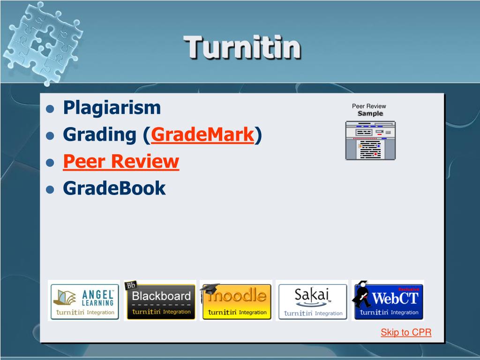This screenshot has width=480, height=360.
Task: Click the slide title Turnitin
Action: pyautogui.click(x=242, y=48)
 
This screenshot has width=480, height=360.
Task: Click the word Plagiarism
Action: pyautogui.click(x=112, y=108)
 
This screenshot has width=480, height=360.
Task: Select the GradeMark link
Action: pyautogui.click(x=202, y=135)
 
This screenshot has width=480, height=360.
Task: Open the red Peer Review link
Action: pyautogui.click(x=121, y=162)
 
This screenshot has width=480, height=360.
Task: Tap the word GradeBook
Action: pyautogui.click(x=114, y=188)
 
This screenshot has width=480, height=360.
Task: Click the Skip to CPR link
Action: pyautogui.click(x=406, y=332)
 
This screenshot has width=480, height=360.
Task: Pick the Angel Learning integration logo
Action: pyautogui.click(x=84, y=300)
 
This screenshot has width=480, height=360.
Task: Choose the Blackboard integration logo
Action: pyautogui.click(x=160, y=300)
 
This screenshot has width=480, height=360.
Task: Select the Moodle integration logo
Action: pyautogui.click(x=236, y=300)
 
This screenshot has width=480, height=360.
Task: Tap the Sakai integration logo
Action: pyautogui.click(x=312, y=300)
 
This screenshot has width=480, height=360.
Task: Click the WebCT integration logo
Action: pyautogui.click(x=388, y=300)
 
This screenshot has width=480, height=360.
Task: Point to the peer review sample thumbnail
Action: pyautogui.click(x=370, y=140)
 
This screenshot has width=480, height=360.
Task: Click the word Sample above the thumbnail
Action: pyautogui.click(x=370, y=113)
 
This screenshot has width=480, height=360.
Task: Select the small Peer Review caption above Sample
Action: pyautogui.click(x=369, y=106)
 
